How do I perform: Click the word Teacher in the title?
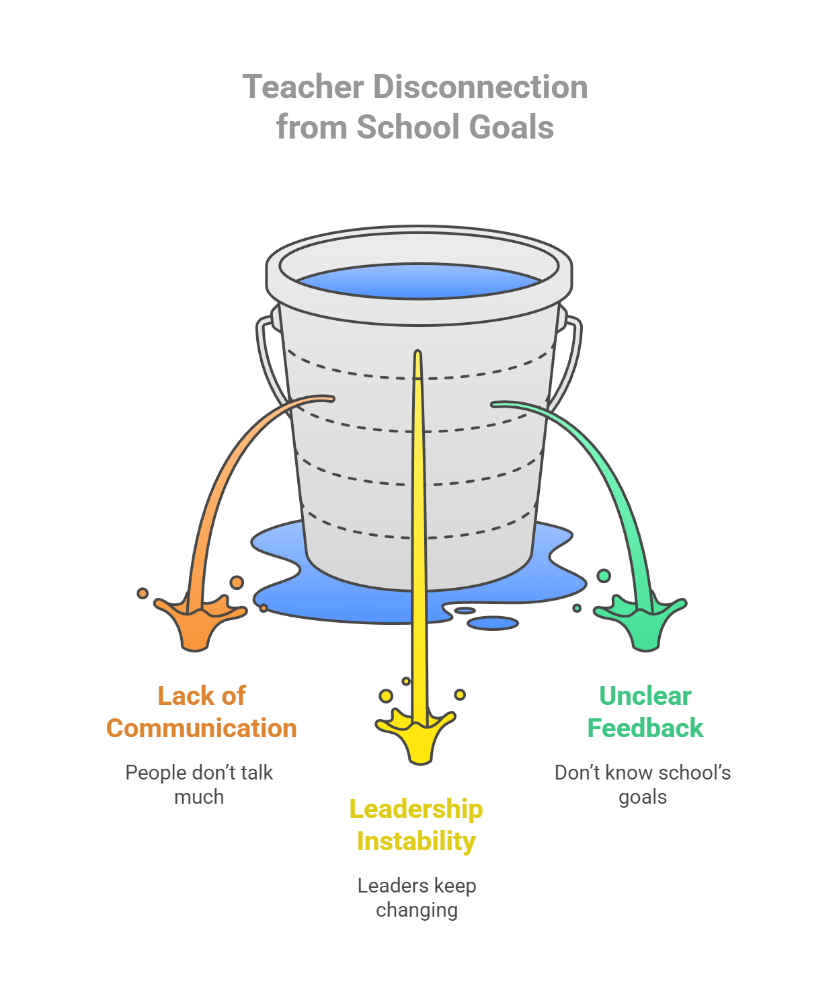(303, 87)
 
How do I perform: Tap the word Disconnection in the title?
(481, 87)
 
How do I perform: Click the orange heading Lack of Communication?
(202, 712)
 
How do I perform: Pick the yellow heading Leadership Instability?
(416, 825)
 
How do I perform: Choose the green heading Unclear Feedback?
(645, 712)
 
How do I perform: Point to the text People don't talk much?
(199, 784)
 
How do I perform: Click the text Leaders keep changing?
(417, 897)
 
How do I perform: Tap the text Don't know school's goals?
(643, 784)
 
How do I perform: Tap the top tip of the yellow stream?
(417, 354)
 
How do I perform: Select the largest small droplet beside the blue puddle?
(493, 623)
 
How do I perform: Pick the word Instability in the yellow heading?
(416, 841)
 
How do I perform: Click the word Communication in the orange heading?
(202, 728)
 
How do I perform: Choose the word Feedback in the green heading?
(645, 728)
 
